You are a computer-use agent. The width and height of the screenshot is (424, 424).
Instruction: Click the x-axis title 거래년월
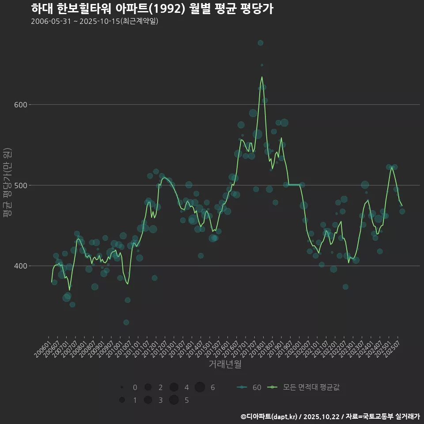(225, 364)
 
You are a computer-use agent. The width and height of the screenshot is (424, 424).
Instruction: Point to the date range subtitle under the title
(95, 22)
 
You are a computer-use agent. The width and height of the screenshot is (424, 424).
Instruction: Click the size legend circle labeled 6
(200, 387)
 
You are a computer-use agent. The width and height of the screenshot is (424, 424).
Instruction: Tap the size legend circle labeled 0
(121, 387)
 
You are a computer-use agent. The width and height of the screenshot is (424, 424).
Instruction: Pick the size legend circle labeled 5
(174, 400)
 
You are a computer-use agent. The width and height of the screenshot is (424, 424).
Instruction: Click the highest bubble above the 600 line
(261, 43)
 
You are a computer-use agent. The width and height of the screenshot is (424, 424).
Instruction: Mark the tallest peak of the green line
(262, 77)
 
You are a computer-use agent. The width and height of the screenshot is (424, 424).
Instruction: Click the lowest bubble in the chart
(126, 322)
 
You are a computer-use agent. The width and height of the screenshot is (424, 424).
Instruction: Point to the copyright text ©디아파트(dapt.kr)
(269, 416)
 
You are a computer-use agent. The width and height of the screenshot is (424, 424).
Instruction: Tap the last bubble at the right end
(402, 211)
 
